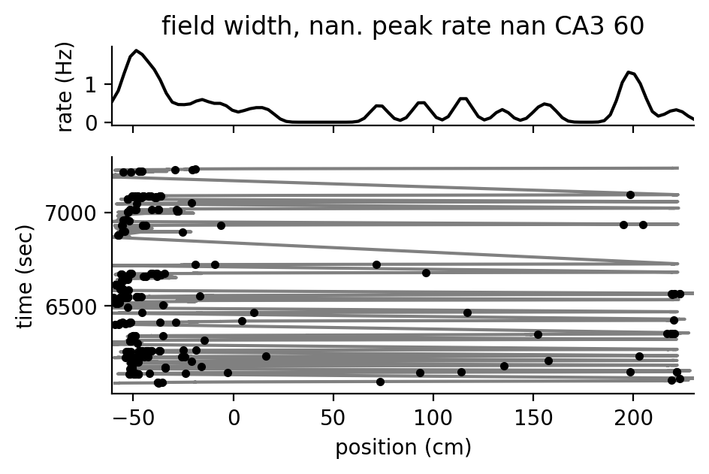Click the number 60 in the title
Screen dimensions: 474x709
[627, 26]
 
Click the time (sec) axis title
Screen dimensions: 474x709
[26, 275]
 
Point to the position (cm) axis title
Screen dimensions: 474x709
[403, 448]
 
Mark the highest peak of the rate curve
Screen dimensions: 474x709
[136, 50]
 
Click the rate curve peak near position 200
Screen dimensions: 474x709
[629, 72]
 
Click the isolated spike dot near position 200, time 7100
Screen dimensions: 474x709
[630, 195]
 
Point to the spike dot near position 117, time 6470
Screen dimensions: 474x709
[467, 312]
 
